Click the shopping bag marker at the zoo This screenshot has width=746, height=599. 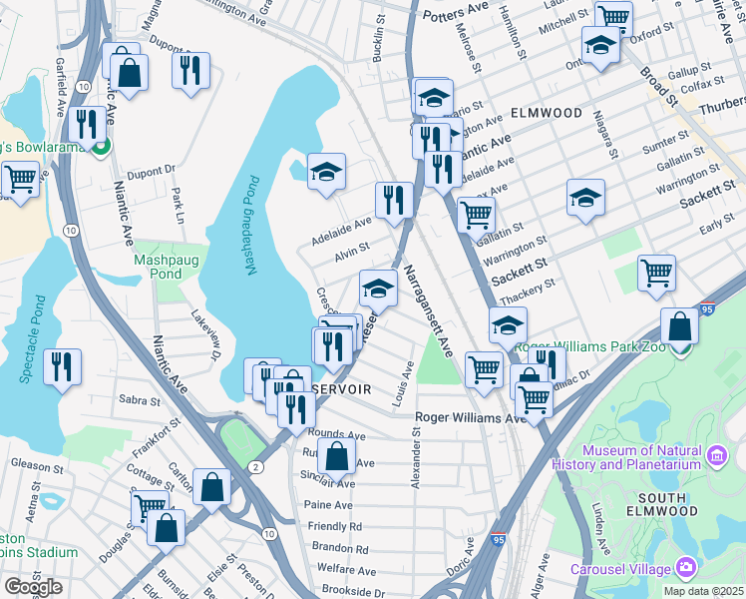click(x=679, y=326)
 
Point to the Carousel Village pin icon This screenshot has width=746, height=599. click(x=685, y=568)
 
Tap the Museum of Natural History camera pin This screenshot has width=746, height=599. click(x=715, y=457)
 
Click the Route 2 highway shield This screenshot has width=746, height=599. click(x=256, y=467)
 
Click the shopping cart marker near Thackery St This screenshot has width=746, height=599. click(x=656, y=273)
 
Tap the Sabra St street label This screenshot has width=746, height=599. click(x=141, y=400)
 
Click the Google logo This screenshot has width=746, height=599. click(x=33, y=587)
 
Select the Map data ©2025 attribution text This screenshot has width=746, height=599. click(x=702, y=591)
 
